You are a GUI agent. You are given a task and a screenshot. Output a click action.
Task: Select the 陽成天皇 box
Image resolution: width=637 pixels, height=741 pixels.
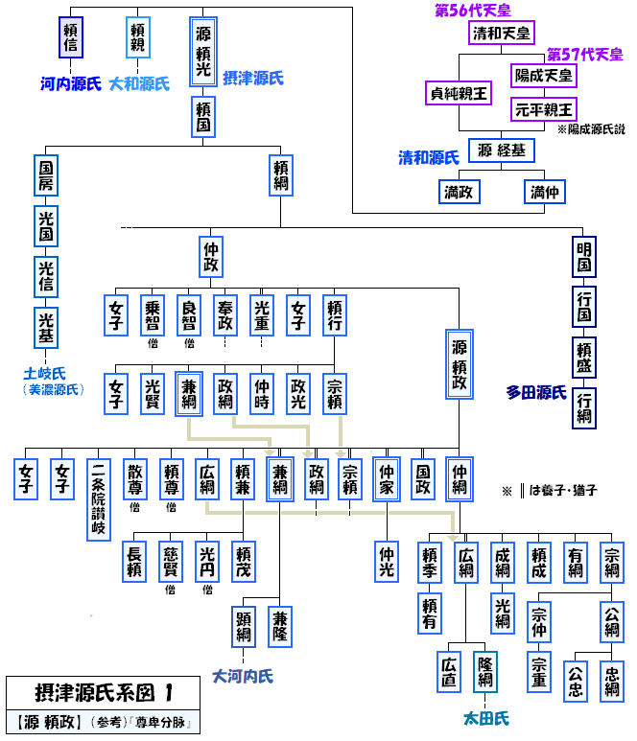coord(542,75)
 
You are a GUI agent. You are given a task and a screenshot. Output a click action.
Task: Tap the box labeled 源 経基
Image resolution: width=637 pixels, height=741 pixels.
coord(501,151)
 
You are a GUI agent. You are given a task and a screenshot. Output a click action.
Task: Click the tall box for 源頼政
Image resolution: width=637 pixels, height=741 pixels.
coord(460,364)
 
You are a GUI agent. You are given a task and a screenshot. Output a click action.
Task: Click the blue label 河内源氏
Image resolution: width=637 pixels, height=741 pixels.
coord(70,84)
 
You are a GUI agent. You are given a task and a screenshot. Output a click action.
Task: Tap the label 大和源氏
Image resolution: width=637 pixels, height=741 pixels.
coord(139,84)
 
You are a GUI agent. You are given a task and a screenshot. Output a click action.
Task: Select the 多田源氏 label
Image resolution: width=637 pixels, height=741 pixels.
coord(536,392)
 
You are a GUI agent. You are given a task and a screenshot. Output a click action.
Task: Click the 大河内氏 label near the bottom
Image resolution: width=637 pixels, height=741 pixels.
coord(243,676)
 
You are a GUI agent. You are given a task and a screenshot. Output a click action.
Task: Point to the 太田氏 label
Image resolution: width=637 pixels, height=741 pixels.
coord(485,718)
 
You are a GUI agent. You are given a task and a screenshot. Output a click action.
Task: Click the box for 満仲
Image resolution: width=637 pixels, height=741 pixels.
coord(543,193)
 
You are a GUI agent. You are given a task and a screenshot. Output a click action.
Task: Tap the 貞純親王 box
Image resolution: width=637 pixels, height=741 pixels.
coord(458,94)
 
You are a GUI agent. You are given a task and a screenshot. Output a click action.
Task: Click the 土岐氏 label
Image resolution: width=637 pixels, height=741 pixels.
coord(51,373)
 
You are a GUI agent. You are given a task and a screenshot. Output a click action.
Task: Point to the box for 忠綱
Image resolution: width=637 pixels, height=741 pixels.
coord(612,682)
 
